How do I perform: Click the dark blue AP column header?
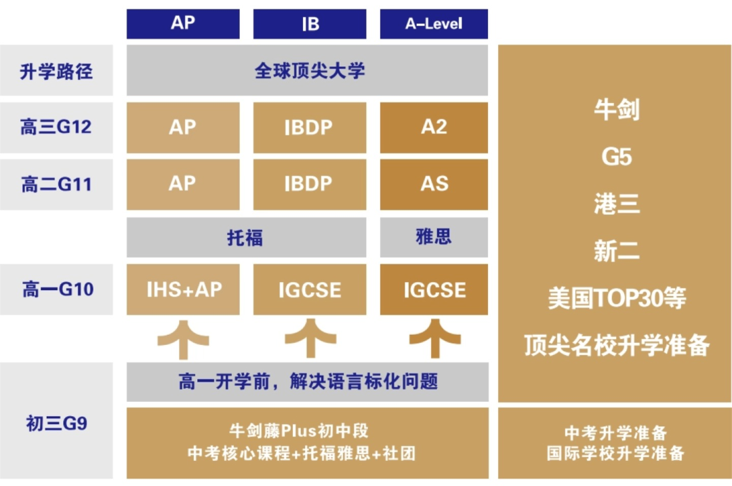(x=183, y=23)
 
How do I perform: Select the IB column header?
(x=310, y=23)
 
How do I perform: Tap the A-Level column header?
(x=434, y=23)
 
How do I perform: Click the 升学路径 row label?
(x=56, y=70)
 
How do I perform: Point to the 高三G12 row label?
(x=56, y=127)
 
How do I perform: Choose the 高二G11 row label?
(x=56, y=184)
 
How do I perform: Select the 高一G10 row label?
(x=56, y=289)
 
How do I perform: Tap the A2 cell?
(x=434, y=127)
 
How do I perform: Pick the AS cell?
(x=434, y=184)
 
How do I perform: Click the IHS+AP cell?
(x=183, y=289)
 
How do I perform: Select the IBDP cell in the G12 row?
(x=310, y=127)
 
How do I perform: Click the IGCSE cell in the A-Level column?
(x=434, y=289)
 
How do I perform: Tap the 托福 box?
(x=246, y=237)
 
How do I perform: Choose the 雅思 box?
(x=434, y=237)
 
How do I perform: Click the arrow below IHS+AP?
(x=183, y=340)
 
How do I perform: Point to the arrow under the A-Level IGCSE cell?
(x=434, y=339)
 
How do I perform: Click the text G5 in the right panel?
(x=616, y=157)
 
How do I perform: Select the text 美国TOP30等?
(x=616, y=298)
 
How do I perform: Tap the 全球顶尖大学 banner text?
(x=309, y=70)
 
